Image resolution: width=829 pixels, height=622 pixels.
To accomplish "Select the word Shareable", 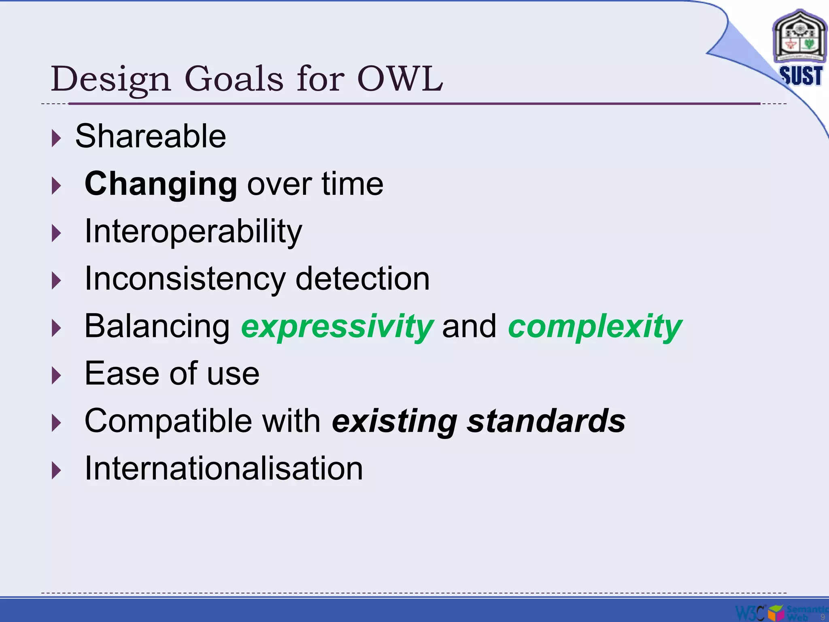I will (151, 136).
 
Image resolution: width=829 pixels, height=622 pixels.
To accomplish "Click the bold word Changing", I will (161, 184).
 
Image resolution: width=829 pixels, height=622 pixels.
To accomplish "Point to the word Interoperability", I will (193, 232).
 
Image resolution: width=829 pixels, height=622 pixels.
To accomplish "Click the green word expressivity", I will (337, 326).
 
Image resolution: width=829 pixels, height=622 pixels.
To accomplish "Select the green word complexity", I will (595, 326).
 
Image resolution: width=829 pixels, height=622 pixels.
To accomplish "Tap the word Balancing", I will (157, 326).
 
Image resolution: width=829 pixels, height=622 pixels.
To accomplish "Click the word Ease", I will (122, 373).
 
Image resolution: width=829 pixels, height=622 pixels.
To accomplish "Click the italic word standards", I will (546, 421).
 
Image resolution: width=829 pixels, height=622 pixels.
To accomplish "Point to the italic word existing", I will (395, 421).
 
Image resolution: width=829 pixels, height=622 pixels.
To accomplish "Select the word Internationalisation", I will (223, 469).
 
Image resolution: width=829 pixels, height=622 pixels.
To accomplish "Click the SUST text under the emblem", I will (801, 76).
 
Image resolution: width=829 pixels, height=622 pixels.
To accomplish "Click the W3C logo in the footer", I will (750, 612).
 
